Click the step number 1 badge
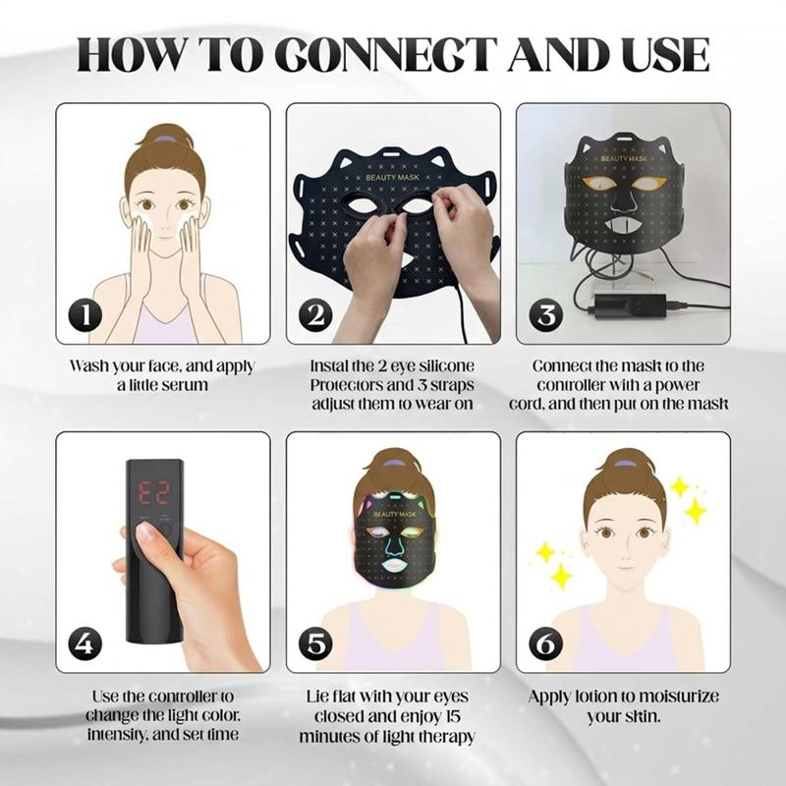(85, 314)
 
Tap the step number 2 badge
(315, 314)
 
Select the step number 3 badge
(546, 314)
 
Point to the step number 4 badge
(85, 644)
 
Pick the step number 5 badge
(315, 644)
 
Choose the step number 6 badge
(546, 644)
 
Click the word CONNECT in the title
(386, 54)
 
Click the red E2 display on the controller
(154, 494)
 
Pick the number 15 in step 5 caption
(453, 716)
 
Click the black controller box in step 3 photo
(631, 305)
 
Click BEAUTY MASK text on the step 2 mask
(392, 178)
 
